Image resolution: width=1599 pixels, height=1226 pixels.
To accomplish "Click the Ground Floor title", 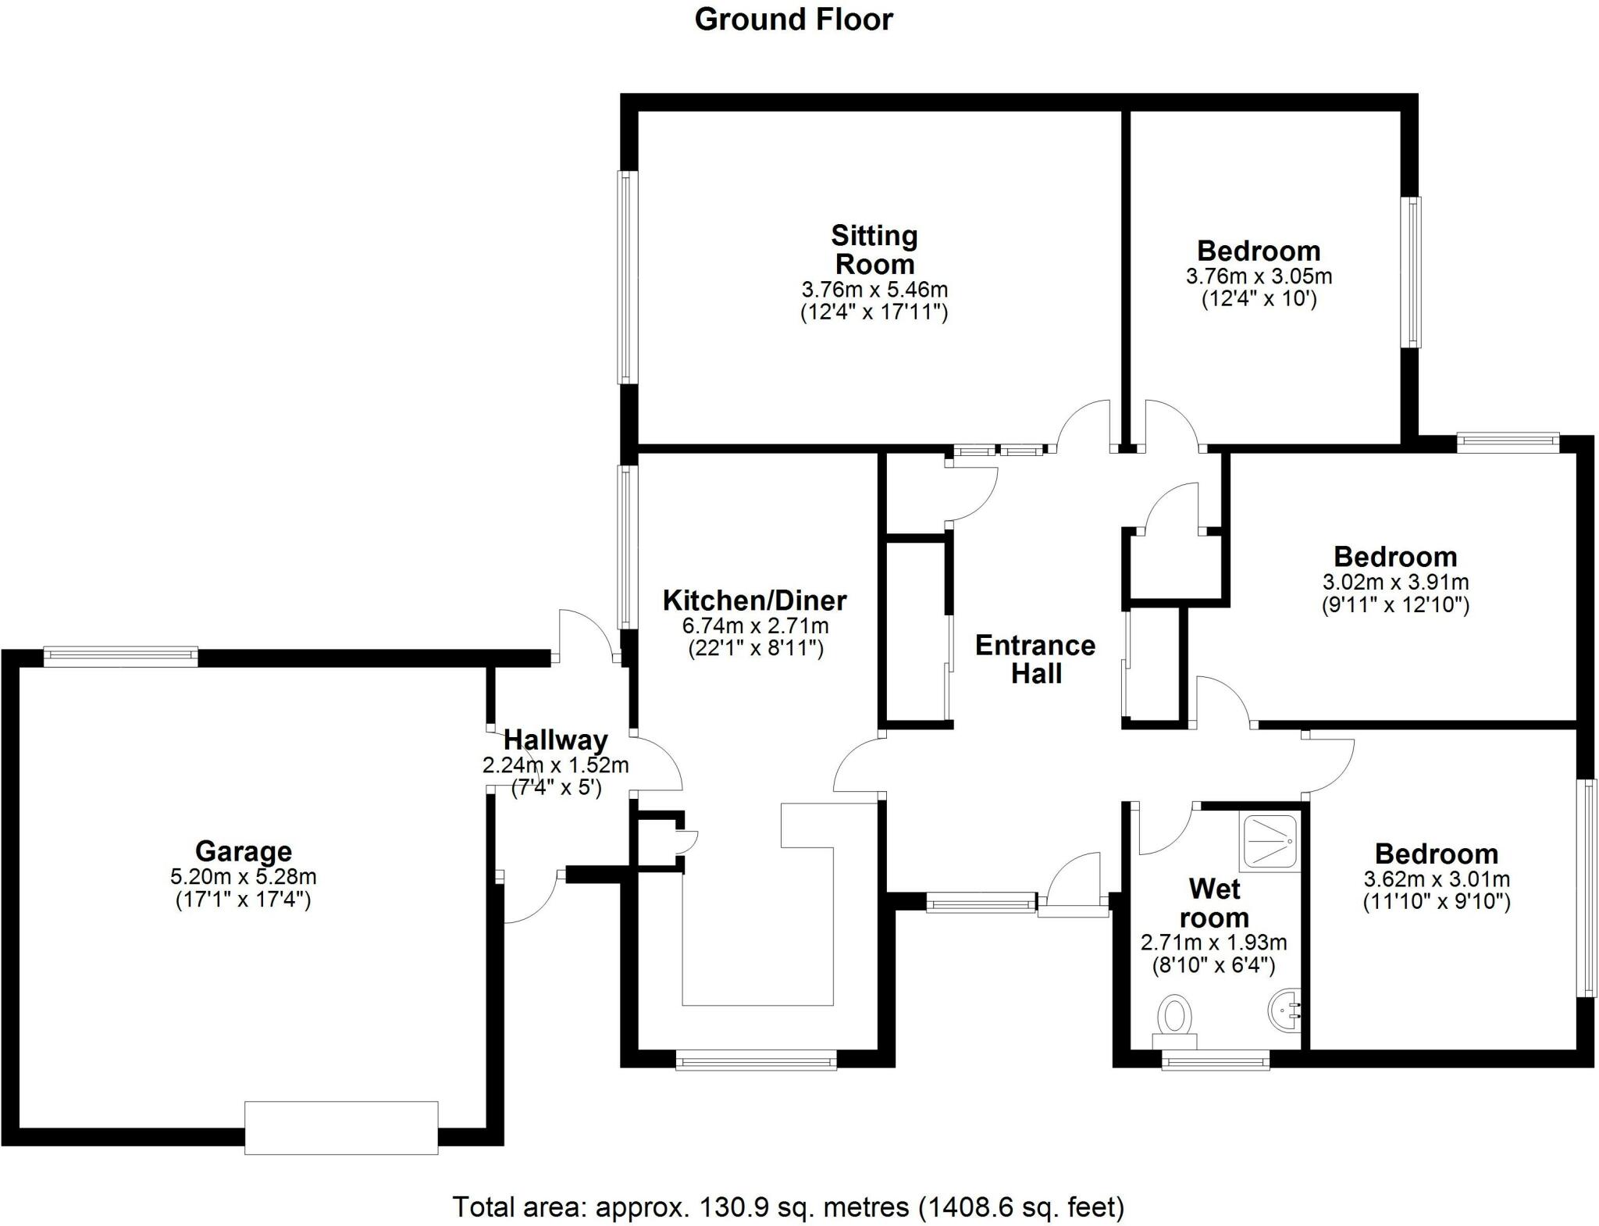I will [793, 20].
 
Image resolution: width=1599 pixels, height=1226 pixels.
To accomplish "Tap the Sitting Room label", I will [874, 249].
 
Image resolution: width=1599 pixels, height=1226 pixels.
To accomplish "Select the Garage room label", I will [243, 850].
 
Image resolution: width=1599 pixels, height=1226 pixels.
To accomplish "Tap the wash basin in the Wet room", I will [1284, 1011].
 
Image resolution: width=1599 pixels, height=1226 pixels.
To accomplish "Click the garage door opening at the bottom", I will [341, 1127].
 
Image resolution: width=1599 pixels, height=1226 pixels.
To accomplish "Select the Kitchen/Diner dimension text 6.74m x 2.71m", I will [755, 625].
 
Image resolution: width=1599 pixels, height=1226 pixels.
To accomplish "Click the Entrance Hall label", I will [1035, 658].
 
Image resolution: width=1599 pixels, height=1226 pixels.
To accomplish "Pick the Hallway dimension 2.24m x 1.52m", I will [555, 765].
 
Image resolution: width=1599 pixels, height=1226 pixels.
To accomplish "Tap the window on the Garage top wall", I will [120, 656].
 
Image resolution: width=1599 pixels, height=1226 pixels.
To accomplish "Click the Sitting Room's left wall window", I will [628, 277].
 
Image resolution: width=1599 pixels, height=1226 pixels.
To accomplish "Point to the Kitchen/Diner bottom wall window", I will [756, 1060].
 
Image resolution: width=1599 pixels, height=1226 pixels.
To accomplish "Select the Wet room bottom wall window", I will [1216, 1060].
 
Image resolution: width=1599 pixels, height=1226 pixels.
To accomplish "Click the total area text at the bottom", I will [789, 1206].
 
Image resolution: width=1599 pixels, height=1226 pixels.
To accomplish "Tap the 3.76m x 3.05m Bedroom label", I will [1259, 251].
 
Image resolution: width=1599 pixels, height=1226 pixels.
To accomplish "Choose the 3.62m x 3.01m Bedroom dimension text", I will [1437, 879].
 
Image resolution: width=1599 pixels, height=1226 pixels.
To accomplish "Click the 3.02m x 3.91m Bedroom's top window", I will [1508, 443].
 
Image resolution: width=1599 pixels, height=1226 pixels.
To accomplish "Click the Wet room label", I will [1214, 903].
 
